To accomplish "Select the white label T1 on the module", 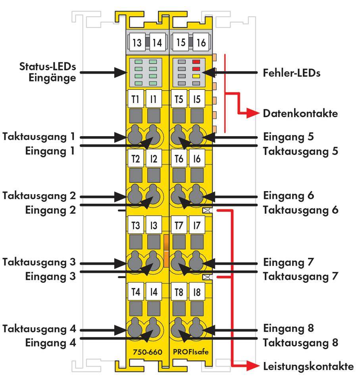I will (x=136, y=99).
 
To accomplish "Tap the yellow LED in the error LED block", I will (x=196, y=75).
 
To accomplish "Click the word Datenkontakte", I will (x=300, y=114).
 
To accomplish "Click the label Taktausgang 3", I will (x=39, y=263).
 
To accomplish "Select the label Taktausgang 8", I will (x=300, y=342).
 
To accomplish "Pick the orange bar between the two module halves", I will (x=166, y=251).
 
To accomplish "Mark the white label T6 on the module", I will (x=179, y=159).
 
